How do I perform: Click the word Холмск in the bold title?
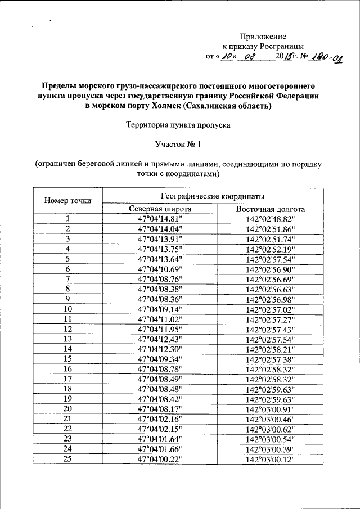pyautogui.click(x=178, y=106)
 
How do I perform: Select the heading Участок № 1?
pyautogui.click(x=178, y=145)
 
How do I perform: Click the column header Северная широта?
pyautogui.click(x=160, y=209)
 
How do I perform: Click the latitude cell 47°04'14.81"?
pyautogui.click(x=160, y=219)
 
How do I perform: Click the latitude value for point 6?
pyautogui.click(x=160, y=269)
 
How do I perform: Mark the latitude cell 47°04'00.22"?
pyautogui.click(x=160, y=459)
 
